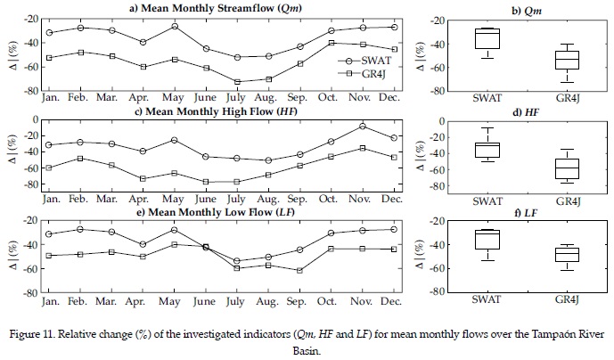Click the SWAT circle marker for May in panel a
[x=174, y=26]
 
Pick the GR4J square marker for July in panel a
[x=237, y=82]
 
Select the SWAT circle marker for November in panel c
[x=363, y=126]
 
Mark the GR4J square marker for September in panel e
[x=300, y=270]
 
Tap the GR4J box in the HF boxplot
[x=568, y=168]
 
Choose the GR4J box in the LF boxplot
[x=568, y=255]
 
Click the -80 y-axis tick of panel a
[x=33, y=90]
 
